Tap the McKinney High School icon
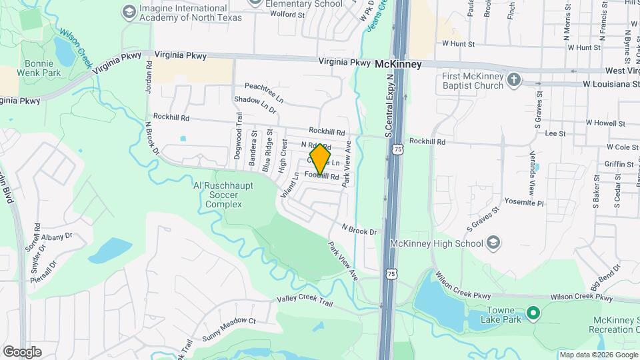[x=493, y=241]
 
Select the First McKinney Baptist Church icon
[x=513, y=81]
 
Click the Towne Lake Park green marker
[x=533, y=312]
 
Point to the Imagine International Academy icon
[x=129, y=11]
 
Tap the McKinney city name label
[x=398, y=64]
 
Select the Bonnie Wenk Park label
[x=39, y=67]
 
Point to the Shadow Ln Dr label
[x=255, y=104]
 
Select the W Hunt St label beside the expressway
[x=457, y=43]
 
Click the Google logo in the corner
[x=22, y=351]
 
